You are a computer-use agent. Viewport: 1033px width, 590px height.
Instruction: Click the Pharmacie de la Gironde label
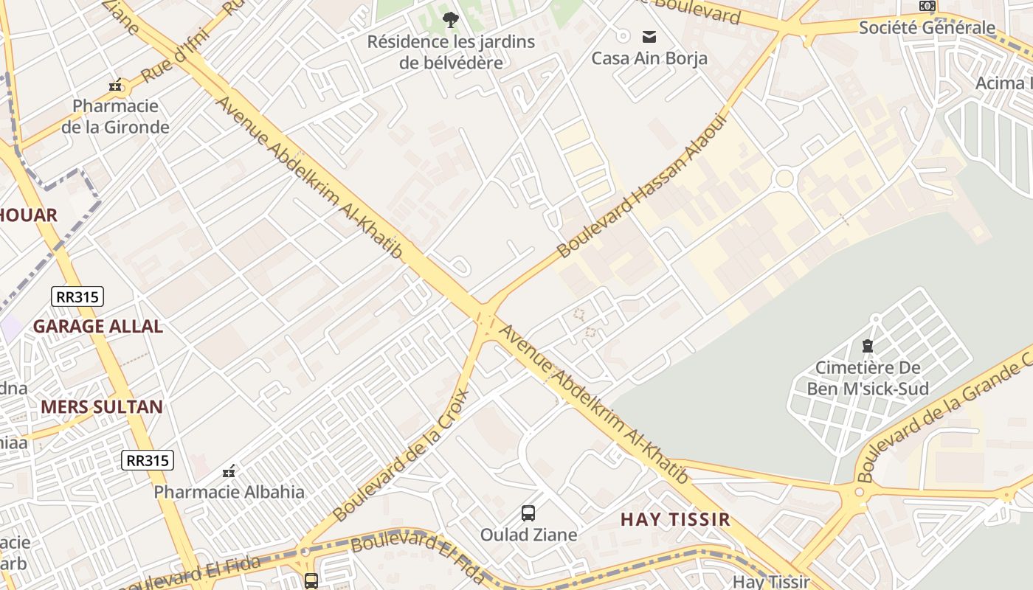coord(115,117)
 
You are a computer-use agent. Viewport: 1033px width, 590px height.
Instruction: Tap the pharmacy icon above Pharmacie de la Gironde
coord(115,86)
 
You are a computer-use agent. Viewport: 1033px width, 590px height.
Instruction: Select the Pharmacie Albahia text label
coord(229,492)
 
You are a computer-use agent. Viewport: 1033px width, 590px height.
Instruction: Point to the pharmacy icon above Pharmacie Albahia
coord(229,471)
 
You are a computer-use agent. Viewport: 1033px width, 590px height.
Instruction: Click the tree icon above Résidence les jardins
coord(450,20)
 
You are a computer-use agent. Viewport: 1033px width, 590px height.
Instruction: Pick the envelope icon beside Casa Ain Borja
coord(649,36)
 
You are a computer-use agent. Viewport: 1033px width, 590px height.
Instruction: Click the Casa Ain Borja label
coord(649,58)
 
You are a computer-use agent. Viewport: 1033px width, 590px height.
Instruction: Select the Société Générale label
coord(927,28)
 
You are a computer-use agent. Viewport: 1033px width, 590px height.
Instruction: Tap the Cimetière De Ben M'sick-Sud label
coord(868,378)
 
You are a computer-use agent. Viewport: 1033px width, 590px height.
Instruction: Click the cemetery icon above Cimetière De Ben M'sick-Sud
coord(868,345)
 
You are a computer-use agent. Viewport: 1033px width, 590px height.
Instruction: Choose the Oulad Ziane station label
coord(528,535)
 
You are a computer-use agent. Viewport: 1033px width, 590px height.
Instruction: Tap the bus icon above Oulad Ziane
coord(528,513)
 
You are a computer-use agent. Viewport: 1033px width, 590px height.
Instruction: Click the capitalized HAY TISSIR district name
coord(675,519)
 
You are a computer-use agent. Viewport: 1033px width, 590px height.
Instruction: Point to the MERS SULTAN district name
coord(102,406)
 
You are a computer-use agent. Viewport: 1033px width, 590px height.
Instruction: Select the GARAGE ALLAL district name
coord(97,326)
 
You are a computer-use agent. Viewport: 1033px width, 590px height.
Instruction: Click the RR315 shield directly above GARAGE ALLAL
coord(77,297)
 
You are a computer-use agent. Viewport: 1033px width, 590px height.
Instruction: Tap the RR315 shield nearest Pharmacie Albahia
coord(148,461)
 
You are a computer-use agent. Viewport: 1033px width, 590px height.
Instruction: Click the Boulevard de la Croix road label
coord(401,455)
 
